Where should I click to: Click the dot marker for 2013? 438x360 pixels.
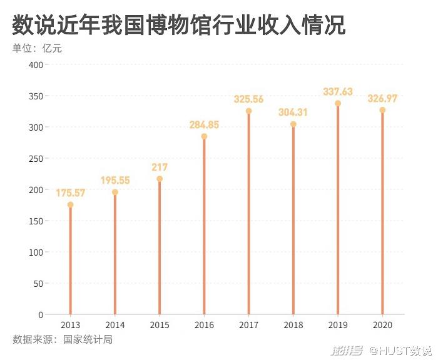tap(70, 205)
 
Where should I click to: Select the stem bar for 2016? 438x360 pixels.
tap(204, 225)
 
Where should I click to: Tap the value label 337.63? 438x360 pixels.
tap(338, 92)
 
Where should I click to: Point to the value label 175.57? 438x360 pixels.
tap(70, 193)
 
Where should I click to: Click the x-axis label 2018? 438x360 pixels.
tap(293, 325)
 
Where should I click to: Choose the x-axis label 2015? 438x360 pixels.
tap(160, 325)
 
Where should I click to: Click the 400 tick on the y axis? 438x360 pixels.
tap(35, 64)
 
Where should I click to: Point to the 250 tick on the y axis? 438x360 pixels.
tap(35, 158)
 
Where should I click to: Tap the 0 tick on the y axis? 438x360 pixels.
tap(40, 314)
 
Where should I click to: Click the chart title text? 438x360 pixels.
tap(178, 26)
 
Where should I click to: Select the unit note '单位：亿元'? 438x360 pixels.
tap(37, 48)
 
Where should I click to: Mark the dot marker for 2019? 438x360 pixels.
tap(338, 104)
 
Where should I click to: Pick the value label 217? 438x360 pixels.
tap(159, 167)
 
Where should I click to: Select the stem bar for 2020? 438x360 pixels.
tap(382, 212)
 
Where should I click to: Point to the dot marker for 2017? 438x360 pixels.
tap(248, 111)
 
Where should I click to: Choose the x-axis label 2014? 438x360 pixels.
tap(115, 325)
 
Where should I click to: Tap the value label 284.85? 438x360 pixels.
tap(204, 125)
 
